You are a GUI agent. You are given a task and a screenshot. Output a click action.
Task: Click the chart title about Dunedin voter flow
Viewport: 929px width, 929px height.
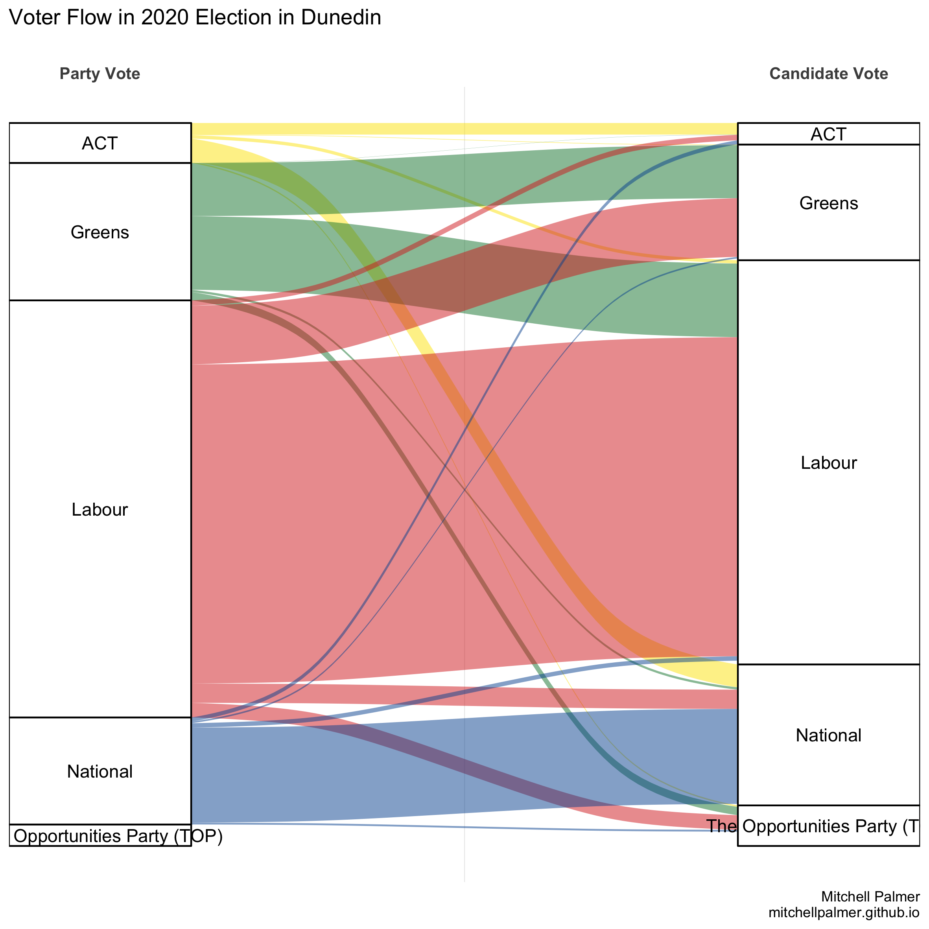(195, 18)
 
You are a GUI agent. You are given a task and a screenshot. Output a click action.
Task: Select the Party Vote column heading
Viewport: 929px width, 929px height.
(100, 74)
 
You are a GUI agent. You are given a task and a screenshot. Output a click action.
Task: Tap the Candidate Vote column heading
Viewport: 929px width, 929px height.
(828, 74)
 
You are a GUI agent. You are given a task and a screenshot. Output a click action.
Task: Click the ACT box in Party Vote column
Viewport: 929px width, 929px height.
(100, 143)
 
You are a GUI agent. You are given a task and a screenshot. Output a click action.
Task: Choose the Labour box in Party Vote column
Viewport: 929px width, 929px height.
(100, 553)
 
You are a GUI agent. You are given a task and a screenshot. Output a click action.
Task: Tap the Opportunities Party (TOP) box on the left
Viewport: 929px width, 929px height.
(100, 836)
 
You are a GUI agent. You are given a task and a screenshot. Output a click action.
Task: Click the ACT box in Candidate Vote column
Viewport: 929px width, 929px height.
(828, 134)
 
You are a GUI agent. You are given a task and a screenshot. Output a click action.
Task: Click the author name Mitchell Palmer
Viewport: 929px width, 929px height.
(870, 896)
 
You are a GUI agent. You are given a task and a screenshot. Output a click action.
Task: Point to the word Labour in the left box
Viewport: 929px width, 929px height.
(100, 510)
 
